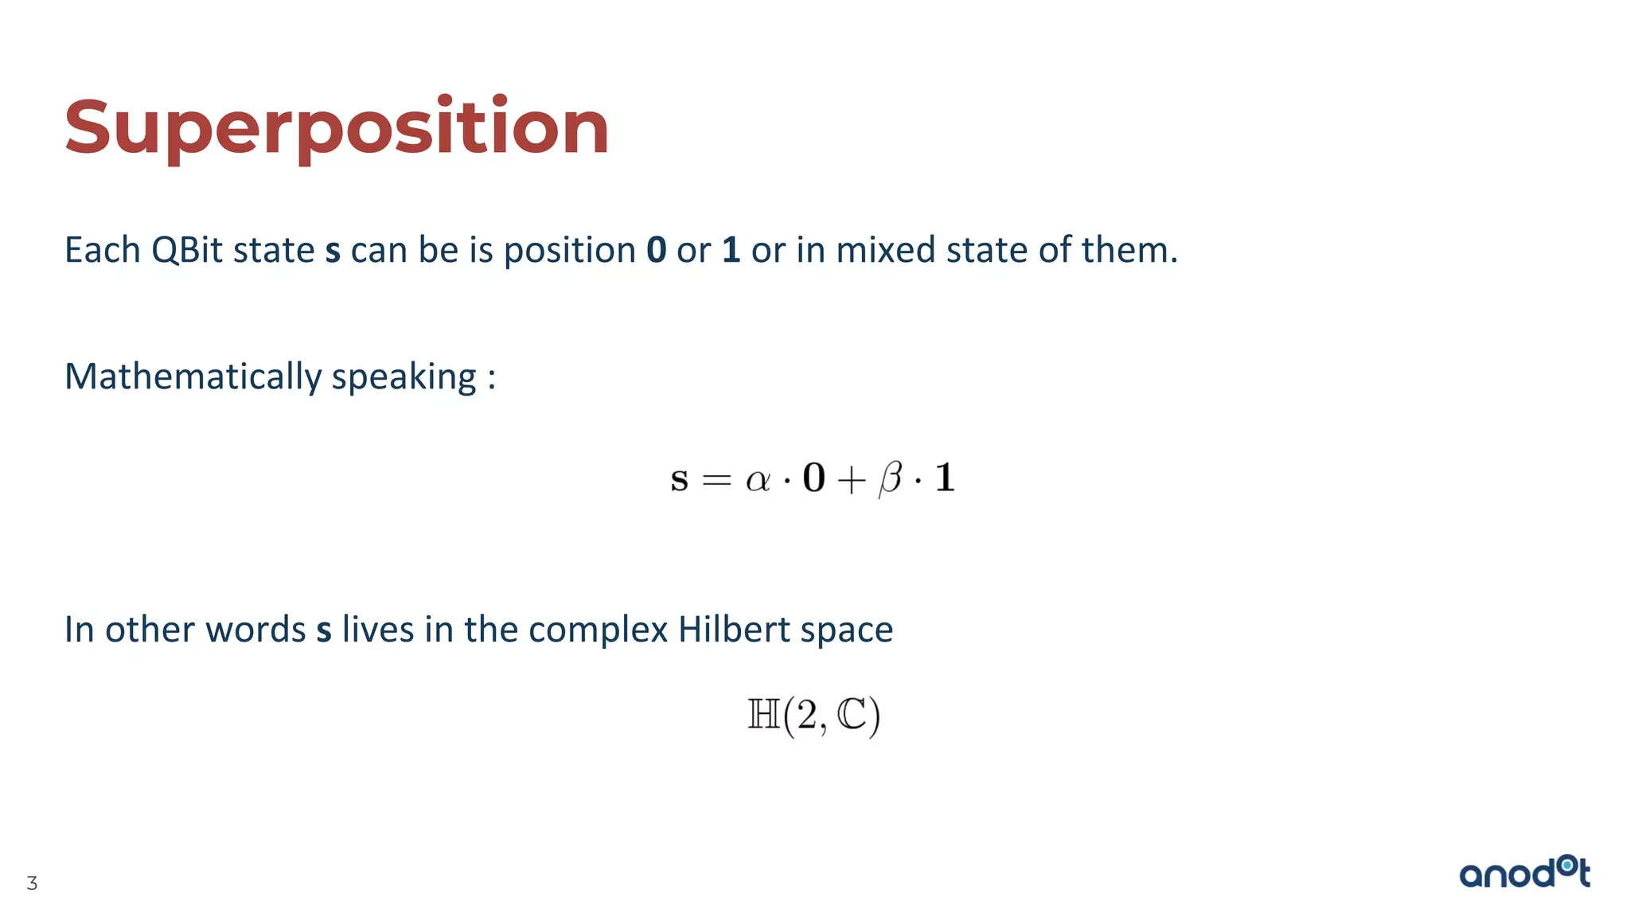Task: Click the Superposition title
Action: pos(337,127)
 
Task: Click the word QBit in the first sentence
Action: pos(187,251)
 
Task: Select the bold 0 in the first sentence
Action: pos(656,251)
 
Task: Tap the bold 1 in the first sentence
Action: pos(731,251)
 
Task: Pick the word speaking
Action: pos(404,377)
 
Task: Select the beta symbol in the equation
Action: pos(891,479)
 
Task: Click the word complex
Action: pos(598,630)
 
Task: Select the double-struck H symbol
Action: pos(764,714)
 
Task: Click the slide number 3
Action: pos(32,883)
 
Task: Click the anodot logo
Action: pos(1524,872)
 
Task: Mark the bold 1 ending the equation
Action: pos(945,478)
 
